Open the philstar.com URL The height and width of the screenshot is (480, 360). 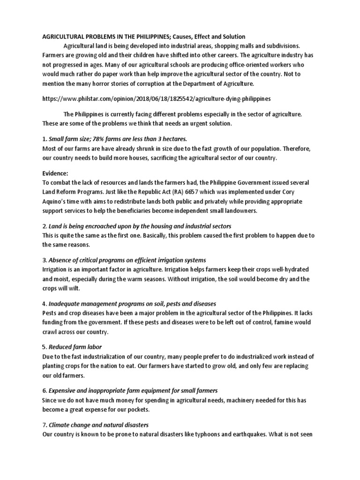coord(157,99)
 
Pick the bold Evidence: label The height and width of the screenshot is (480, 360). coord(56,173)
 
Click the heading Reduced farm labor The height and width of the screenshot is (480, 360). coord(73,348)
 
